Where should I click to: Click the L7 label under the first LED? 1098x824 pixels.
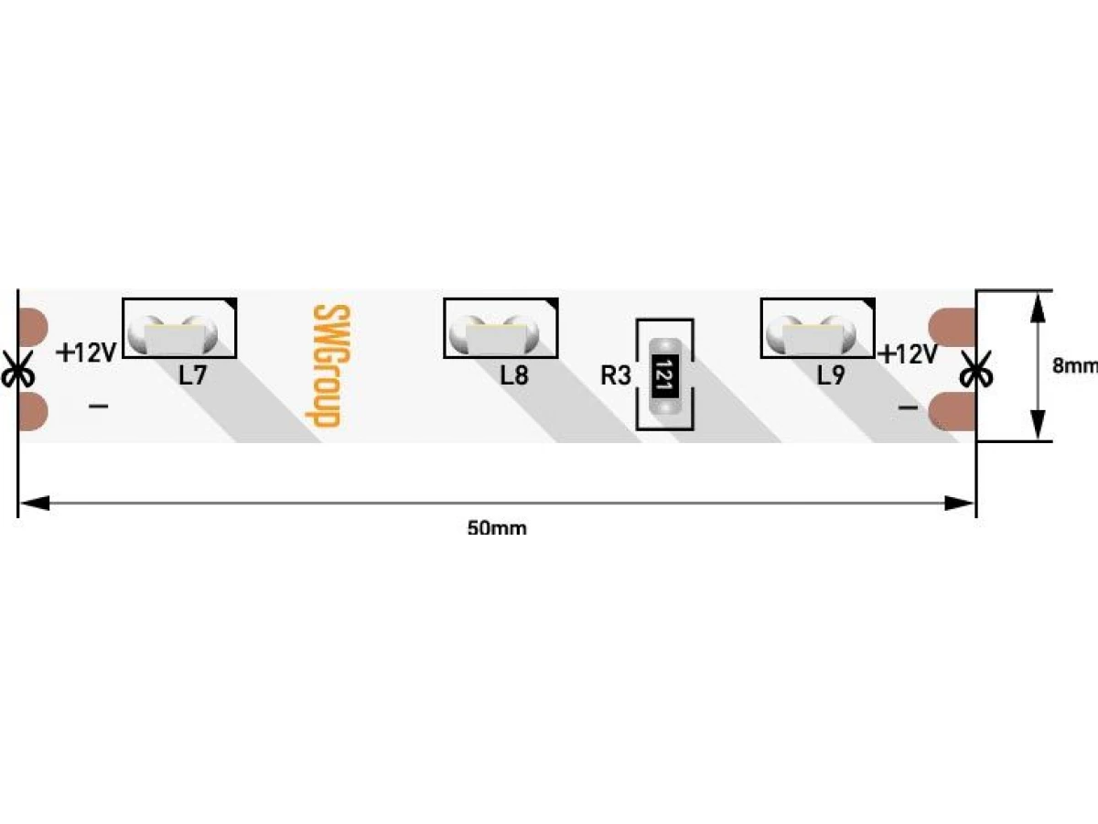pyautogui.click(x=192, y=374)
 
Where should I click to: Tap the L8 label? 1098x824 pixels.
pyautogui.click(x=514, y=374)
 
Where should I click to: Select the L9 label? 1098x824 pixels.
pyautogui.click(x=831, y=374)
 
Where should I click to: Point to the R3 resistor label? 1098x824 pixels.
pyautogui.click(x=615, y=375)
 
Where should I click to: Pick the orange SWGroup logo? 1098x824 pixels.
pyautogui.click(x=328, y=365)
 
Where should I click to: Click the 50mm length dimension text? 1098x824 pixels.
pyautogui.click(x=497, y=529)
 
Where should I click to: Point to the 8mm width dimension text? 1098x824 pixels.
pyautogui.click(x=1075, y=365)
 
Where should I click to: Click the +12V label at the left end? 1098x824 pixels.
pyautogui.click(x=86, y=352)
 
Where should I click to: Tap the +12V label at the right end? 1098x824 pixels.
pyautogui.click(x=908, y=354)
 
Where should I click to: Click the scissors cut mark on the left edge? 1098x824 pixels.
pyautogui.click(x=17, y=369)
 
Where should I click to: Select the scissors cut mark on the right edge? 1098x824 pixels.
pyautogui.click(x=976, y=369)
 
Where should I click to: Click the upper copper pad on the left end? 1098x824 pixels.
pyautogui.click(x=33, y=328)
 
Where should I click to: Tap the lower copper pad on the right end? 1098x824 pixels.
pyautogui.click(x=952, y=411)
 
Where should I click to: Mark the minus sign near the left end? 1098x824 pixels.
pyautogui.click(x=98, y=406)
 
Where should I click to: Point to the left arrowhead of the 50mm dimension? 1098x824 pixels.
pyautogui.click(x=34, y=504)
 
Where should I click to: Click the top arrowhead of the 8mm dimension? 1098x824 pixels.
pyautogui.click(x=1039, y=306)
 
